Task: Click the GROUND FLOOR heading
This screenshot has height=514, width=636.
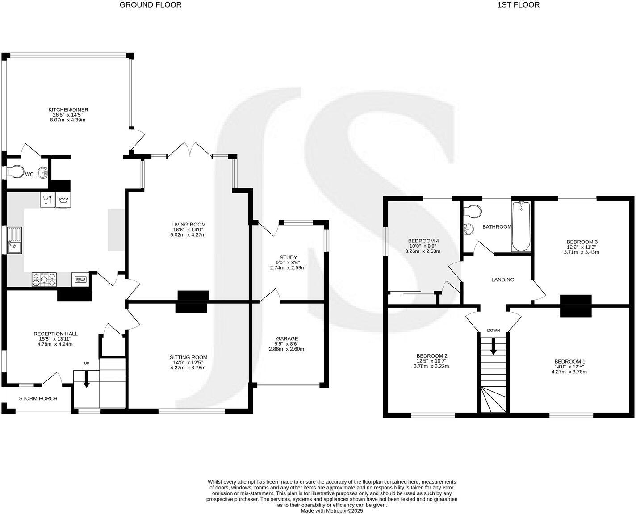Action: point(151,5)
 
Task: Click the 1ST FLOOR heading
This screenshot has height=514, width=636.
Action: point(518,5)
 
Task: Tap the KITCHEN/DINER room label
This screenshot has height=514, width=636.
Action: point(65,109)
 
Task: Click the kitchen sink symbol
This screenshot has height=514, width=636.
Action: point(14,240)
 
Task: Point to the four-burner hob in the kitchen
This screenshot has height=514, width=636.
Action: point(44,280)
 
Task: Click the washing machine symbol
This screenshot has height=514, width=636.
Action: point(62,199)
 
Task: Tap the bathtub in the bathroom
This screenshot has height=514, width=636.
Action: point(521,226)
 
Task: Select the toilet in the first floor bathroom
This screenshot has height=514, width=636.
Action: point(472,210)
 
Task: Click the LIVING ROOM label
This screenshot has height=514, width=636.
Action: point(188,224)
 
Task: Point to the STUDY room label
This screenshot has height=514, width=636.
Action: point(288,257)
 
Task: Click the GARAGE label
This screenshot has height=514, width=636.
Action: point(287,338)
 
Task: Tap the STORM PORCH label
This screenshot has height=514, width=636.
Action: point(38,398)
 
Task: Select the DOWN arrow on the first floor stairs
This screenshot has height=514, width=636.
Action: point(493,347)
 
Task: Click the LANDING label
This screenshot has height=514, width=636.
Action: point(502,280)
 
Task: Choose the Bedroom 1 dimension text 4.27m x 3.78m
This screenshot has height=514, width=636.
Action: point(569,371)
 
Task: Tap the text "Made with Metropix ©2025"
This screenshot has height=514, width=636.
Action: point(332,510)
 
